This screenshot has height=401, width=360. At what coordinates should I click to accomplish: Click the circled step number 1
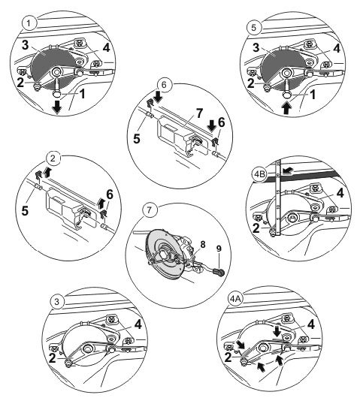[x=29, y=23]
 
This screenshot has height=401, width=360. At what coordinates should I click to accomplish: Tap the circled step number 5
[x=253, y=28]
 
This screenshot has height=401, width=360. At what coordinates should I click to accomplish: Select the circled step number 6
[x=164, y=85]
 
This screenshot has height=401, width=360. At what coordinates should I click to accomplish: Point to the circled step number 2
[x=53, y=158]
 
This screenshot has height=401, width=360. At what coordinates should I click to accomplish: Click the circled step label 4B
[x=259, y=174]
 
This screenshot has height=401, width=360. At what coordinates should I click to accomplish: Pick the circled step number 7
[x=149, y=210]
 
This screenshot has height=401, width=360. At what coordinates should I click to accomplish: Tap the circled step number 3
[x=56, y=301]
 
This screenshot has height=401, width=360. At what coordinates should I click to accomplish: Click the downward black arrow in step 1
[x=57, y=107]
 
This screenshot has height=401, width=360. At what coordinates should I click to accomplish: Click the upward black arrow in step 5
[x=287, y=108]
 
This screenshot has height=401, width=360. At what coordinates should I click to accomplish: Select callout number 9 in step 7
[x=219, y=249]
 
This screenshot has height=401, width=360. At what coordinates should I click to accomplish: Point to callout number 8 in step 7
[x=203, y=244]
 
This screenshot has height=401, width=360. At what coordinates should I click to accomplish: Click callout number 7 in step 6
[x=199, y=113]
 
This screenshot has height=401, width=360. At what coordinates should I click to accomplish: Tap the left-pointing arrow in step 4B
[x=288, y=170]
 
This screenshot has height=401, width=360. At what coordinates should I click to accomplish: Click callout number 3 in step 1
[x=25, y=46]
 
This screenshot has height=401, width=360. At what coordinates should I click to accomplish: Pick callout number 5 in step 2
[x=25, y=211]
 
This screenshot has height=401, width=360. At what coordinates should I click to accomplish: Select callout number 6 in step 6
[x=221, y=122]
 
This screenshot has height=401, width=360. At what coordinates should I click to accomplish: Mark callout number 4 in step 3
[x=138, y=324]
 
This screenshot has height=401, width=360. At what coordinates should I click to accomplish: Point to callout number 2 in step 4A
[x=228, y=357]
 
